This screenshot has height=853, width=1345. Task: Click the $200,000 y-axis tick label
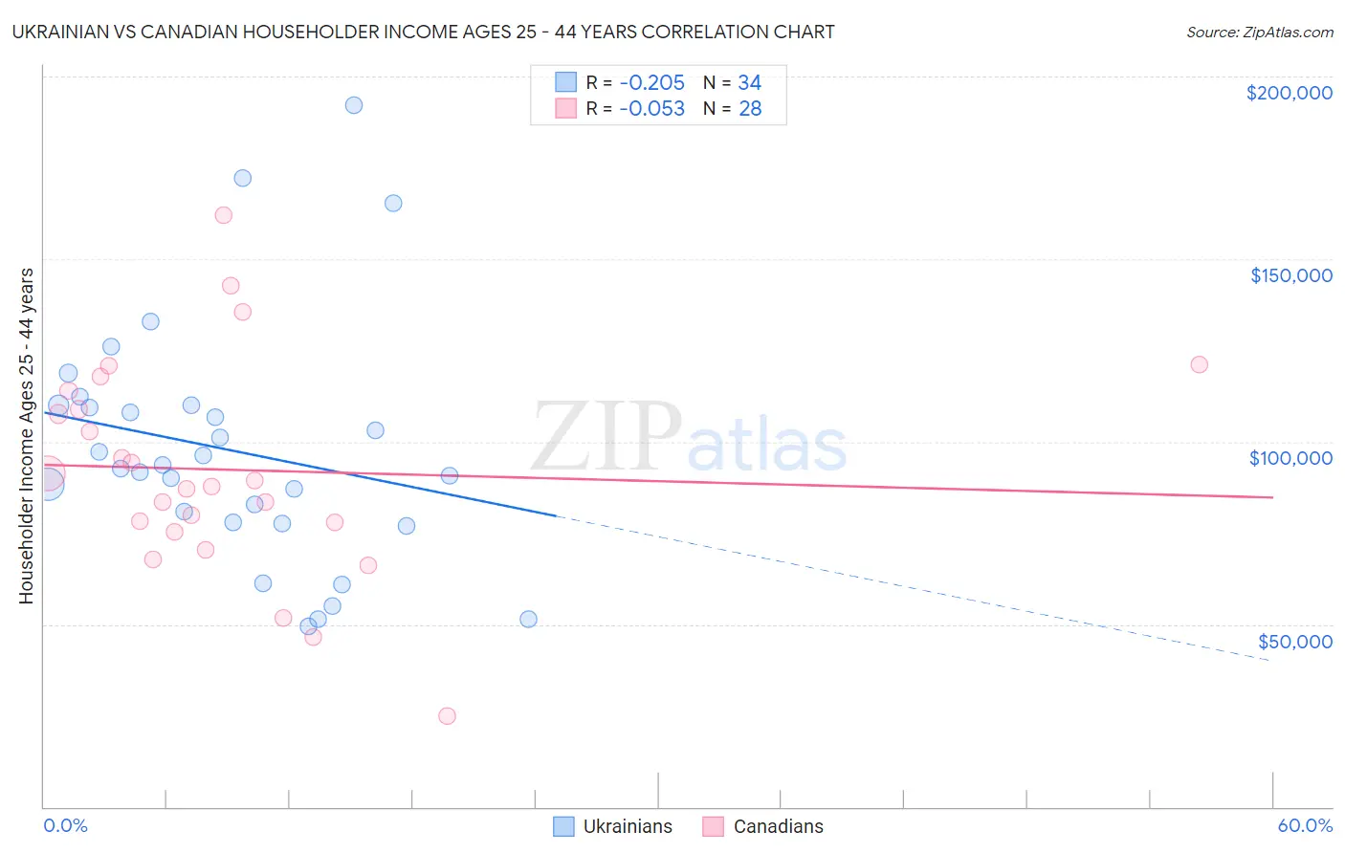point(1289,93)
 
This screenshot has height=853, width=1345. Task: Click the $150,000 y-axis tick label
point(1290,275)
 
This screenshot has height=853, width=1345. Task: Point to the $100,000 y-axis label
point(1290,458)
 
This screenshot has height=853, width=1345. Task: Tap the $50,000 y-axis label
point(1294,642)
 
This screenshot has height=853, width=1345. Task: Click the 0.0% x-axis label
point(65,825)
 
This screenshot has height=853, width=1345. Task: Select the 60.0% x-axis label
point(1305,825)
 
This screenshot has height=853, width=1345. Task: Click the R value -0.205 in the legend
point(651,83)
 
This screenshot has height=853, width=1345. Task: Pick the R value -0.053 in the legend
point(651,109)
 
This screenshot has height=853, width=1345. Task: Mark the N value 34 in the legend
point(750,83)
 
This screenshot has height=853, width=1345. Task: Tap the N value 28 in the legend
point(750,109)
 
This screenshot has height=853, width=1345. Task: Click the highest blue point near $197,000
point(354,105)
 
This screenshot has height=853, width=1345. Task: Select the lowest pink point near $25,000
point(447,716)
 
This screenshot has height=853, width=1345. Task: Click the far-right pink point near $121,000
point(1199,364)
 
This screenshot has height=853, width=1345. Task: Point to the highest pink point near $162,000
point(223,215)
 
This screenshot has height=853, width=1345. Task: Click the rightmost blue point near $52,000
point(528,619)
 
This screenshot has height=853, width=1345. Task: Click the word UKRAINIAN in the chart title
point(61,32)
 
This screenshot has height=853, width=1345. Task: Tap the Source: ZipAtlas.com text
point(1259,33)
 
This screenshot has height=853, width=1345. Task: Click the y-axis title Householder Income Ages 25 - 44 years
point(26,435)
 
